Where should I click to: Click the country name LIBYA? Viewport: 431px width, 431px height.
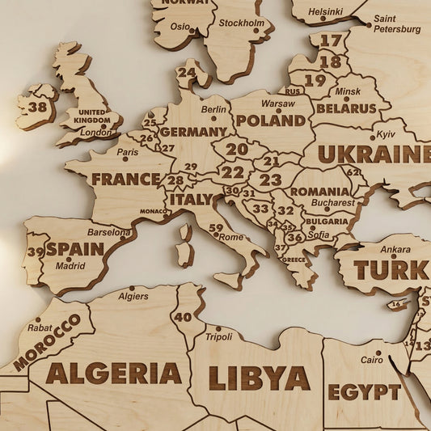(259, 378)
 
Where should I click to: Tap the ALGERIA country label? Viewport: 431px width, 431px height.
(114, 373)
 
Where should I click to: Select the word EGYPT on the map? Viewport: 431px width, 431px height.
(364, 392)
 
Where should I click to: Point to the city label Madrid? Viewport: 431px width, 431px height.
(70, 265)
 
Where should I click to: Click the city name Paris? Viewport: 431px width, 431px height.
(127, 152)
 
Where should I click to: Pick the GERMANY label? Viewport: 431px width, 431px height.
(192, 131)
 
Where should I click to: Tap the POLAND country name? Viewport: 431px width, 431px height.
(270, 120)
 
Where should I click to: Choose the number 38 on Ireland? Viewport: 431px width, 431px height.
(37, 107)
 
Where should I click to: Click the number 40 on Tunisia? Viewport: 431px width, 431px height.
(183, 317)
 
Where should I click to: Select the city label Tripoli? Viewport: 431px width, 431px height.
(218, 336)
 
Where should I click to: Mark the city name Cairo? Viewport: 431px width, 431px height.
(372, 359)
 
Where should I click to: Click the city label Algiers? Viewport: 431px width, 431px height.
(133, 296)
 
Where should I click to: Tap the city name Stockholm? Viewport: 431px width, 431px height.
(241, 23)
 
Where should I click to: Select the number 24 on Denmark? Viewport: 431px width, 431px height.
(187, 72)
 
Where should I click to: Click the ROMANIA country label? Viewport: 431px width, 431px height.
(319, 191)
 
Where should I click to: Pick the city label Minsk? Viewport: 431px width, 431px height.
(348, 91)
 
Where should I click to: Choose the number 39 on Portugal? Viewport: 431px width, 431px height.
(36, 251)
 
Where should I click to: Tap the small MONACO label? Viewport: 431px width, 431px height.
(154, 211)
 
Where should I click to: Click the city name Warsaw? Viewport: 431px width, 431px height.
(278, 104)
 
